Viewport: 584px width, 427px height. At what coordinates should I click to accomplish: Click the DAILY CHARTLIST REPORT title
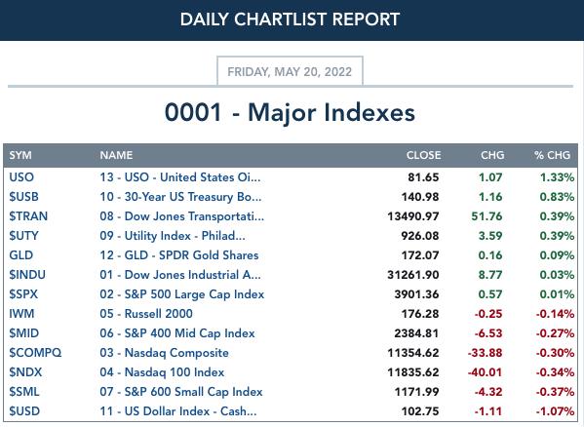(290, 19)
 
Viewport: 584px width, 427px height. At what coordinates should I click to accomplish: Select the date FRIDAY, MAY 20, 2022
(290, 71)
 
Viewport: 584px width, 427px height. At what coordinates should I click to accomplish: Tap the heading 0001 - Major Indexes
(290, 112)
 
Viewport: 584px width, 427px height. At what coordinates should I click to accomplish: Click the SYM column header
(20, 155)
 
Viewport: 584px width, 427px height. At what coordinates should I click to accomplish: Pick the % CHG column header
(552, 155)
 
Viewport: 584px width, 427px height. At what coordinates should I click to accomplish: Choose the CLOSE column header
(423, 155)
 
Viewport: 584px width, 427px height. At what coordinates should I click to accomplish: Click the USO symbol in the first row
(21, 177)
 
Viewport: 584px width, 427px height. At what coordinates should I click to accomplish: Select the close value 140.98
(420, 197)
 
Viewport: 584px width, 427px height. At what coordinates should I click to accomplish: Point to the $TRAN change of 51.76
(487, 216)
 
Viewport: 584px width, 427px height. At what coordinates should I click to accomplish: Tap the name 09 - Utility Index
(173, 236)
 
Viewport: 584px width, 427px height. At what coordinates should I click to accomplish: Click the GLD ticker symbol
(21, 255)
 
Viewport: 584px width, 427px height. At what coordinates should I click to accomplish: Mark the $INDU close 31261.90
(413, 275)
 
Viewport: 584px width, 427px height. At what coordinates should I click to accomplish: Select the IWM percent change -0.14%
(555, 314)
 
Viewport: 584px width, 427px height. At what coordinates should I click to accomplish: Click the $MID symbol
(23, 333)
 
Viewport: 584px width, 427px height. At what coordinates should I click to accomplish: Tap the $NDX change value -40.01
(485, 372)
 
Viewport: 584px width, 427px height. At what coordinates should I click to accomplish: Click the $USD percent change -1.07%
(555, 411)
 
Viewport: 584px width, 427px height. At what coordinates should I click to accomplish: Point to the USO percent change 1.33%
(557, 177)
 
